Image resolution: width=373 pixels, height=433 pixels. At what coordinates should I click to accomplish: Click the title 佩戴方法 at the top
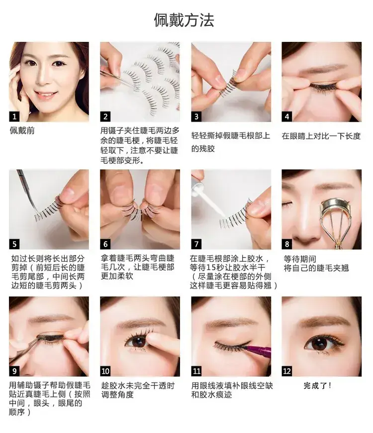pyautogui.click(x=184, y=20)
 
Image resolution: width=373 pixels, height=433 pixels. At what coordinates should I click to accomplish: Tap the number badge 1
pyautogui.click(x=14, y=116)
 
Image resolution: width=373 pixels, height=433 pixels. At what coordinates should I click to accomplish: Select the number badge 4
pyautogui.click(x=286, y=116)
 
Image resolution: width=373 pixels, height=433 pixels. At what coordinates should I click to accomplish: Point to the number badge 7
pyautogui.click(x=196, y=244)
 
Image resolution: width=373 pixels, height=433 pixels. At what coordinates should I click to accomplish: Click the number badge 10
pyautogui.click(x=105, y=371)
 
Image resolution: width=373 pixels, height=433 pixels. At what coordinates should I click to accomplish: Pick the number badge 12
pyautogui.click(x=286, y=371)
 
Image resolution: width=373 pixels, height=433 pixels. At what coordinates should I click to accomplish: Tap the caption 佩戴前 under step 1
pyautogui.click(x=22, y=131)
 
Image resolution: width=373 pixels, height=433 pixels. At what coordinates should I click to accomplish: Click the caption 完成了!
pyautogui.click(x=317, y=386)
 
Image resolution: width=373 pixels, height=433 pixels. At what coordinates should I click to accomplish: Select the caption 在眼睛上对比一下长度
pyautogui.click(x=321, y=136)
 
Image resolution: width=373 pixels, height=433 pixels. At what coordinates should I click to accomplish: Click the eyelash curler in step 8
pyautogui.click(x=338, y=221)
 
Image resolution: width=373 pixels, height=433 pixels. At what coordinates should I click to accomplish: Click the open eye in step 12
pyautogui.click(x=321, y=344)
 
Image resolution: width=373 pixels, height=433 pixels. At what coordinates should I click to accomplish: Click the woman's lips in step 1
pyautogui.click(x=45, y=96)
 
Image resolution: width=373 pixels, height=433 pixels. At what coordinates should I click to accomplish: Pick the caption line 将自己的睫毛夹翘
pyautogui.click(x=316, y=268)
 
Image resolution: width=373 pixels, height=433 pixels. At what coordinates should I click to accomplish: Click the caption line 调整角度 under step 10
pyautogui.click(x=117, y=395)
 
